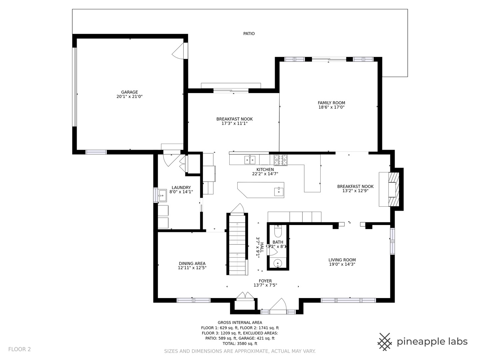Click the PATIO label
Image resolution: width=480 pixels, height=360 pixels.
[249, 34]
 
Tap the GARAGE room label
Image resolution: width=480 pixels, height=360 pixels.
[129, 92]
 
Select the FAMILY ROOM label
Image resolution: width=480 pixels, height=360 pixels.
[331, 103]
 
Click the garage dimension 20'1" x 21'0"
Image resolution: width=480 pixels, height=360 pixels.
[129, 97]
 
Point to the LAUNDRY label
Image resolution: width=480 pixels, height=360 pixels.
[181, 188]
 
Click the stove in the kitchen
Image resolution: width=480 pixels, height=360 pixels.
[281, 160]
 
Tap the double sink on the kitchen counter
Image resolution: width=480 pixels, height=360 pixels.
[250, 160]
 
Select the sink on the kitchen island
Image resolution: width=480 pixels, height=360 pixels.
[279, 192]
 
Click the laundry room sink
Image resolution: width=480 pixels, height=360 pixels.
[162, 195]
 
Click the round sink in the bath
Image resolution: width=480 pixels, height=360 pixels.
[278, 263]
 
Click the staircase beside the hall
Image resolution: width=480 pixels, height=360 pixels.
[237, 245]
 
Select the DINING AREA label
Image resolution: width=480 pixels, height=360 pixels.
[192, 264]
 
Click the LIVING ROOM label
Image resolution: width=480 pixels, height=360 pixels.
[342, 260]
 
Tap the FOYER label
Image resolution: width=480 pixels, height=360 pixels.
[265, 281]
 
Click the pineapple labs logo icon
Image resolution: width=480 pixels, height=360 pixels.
[385, 342]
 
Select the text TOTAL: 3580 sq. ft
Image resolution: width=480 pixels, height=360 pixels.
[240, 343]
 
